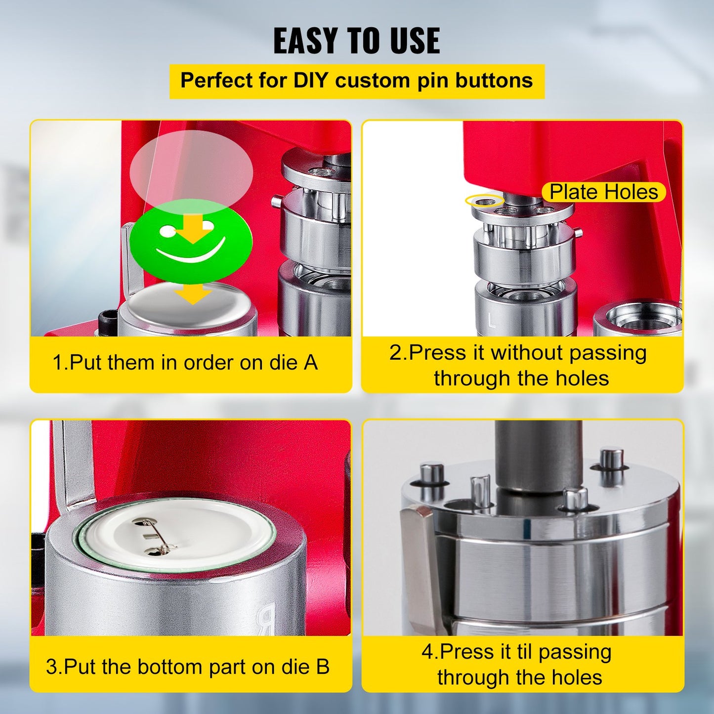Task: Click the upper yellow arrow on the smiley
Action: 194,228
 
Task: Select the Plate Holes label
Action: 603,192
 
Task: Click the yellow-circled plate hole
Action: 485,201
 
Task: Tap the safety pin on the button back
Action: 156,537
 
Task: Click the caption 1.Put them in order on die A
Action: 185,363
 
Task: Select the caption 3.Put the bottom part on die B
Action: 187,667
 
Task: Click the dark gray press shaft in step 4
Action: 539,455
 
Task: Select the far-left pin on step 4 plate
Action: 432,474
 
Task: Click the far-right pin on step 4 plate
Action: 611,459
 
